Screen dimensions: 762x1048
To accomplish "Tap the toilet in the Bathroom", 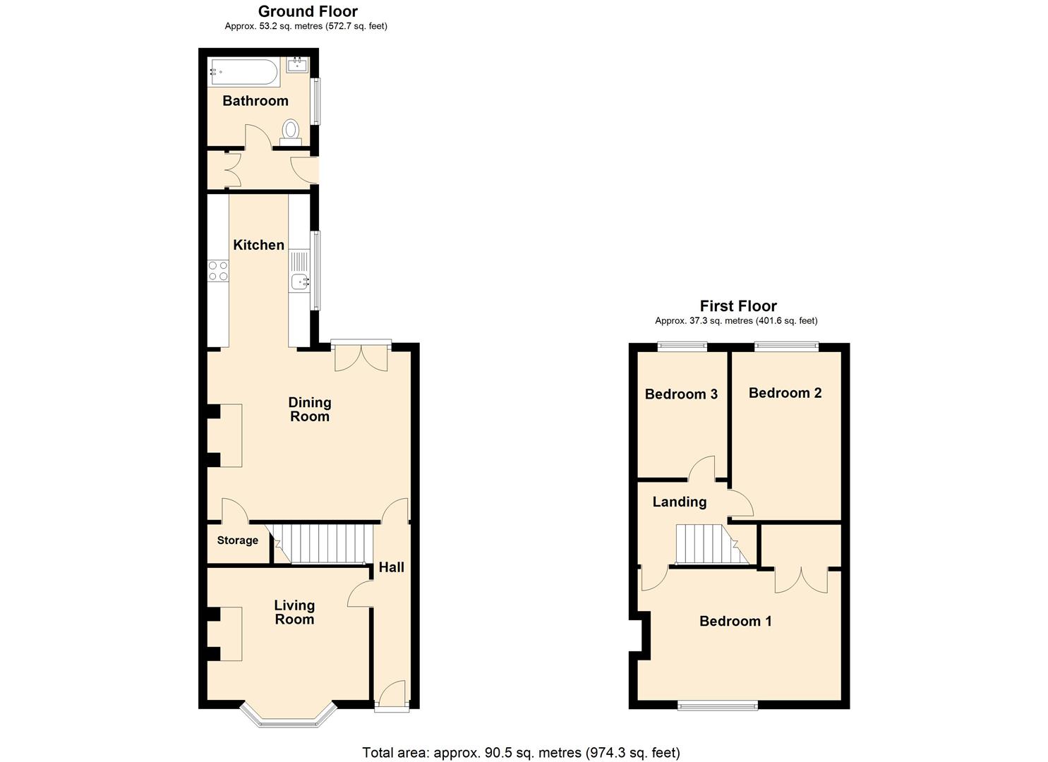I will (x=291, y=132).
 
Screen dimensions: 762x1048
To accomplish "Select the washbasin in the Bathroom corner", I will (x=297, y=65).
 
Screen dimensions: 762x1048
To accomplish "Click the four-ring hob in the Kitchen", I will (x=218, y=271).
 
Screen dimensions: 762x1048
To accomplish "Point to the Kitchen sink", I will (x=300, y=282).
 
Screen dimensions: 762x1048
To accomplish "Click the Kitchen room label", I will (x=259, y=245).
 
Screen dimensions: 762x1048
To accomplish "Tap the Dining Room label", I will (x=310, y=409).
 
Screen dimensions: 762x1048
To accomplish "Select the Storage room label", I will (x=237, y=540).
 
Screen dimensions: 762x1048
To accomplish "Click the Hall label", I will (x=391, y=567).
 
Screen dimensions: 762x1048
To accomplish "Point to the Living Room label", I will (x=294, y=612).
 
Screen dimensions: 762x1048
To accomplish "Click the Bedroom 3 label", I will (x=681, y=394).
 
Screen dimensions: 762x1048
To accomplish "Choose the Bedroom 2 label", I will (x=785, y=393).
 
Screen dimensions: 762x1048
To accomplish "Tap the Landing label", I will (x=679, y=502).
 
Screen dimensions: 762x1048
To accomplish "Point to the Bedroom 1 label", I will (x=735, y=621).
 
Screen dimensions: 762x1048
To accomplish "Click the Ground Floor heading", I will (x=308, y=11).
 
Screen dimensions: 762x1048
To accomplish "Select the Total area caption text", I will (x=521, y=752).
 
